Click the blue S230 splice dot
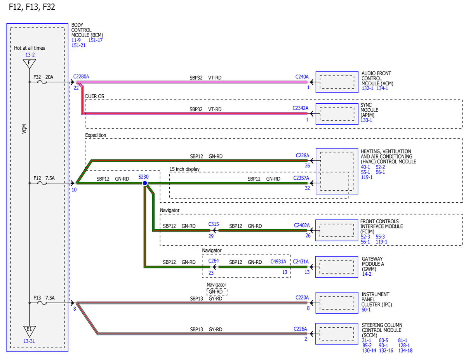(x=145, y=183)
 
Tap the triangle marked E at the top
(x=29, y=63)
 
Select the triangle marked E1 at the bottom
(x=29, y=330)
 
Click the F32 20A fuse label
(x=43, y=77)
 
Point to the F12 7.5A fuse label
(x=44, y=178)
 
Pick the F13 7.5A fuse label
(x=44, y=298)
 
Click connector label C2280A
(x=81, y=77)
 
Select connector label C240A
(x=302, y=77)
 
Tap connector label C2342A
(x=300, y=108)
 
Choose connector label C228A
(x=303, y=155)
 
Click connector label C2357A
(x=301, y=178)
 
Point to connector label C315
(x=214, y=224)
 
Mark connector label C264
(x=214, y=261)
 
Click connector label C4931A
(x=278, y=262)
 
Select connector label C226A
(x=300, y=329)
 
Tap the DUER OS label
(x=95, y=96)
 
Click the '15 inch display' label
(x=184, y=169)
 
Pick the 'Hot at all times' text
(x=30, y=48)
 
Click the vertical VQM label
(x=24, y=129)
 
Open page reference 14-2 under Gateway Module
(x=367, y=274)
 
